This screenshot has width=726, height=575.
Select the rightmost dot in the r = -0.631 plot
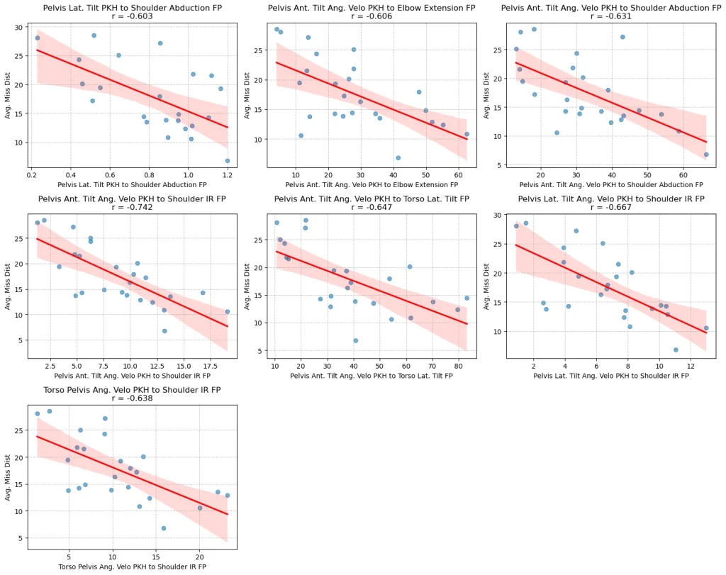(706, 154)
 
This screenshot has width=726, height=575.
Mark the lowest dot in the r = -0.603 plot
(228, 160)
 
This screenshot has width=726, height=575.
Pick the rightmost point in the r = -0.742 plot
(228, 311)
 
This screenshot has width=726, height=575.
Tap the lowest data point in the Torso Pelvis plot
(164, 528)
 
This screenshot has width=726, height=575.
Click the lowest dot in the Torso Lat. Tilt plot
(355, 340)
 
